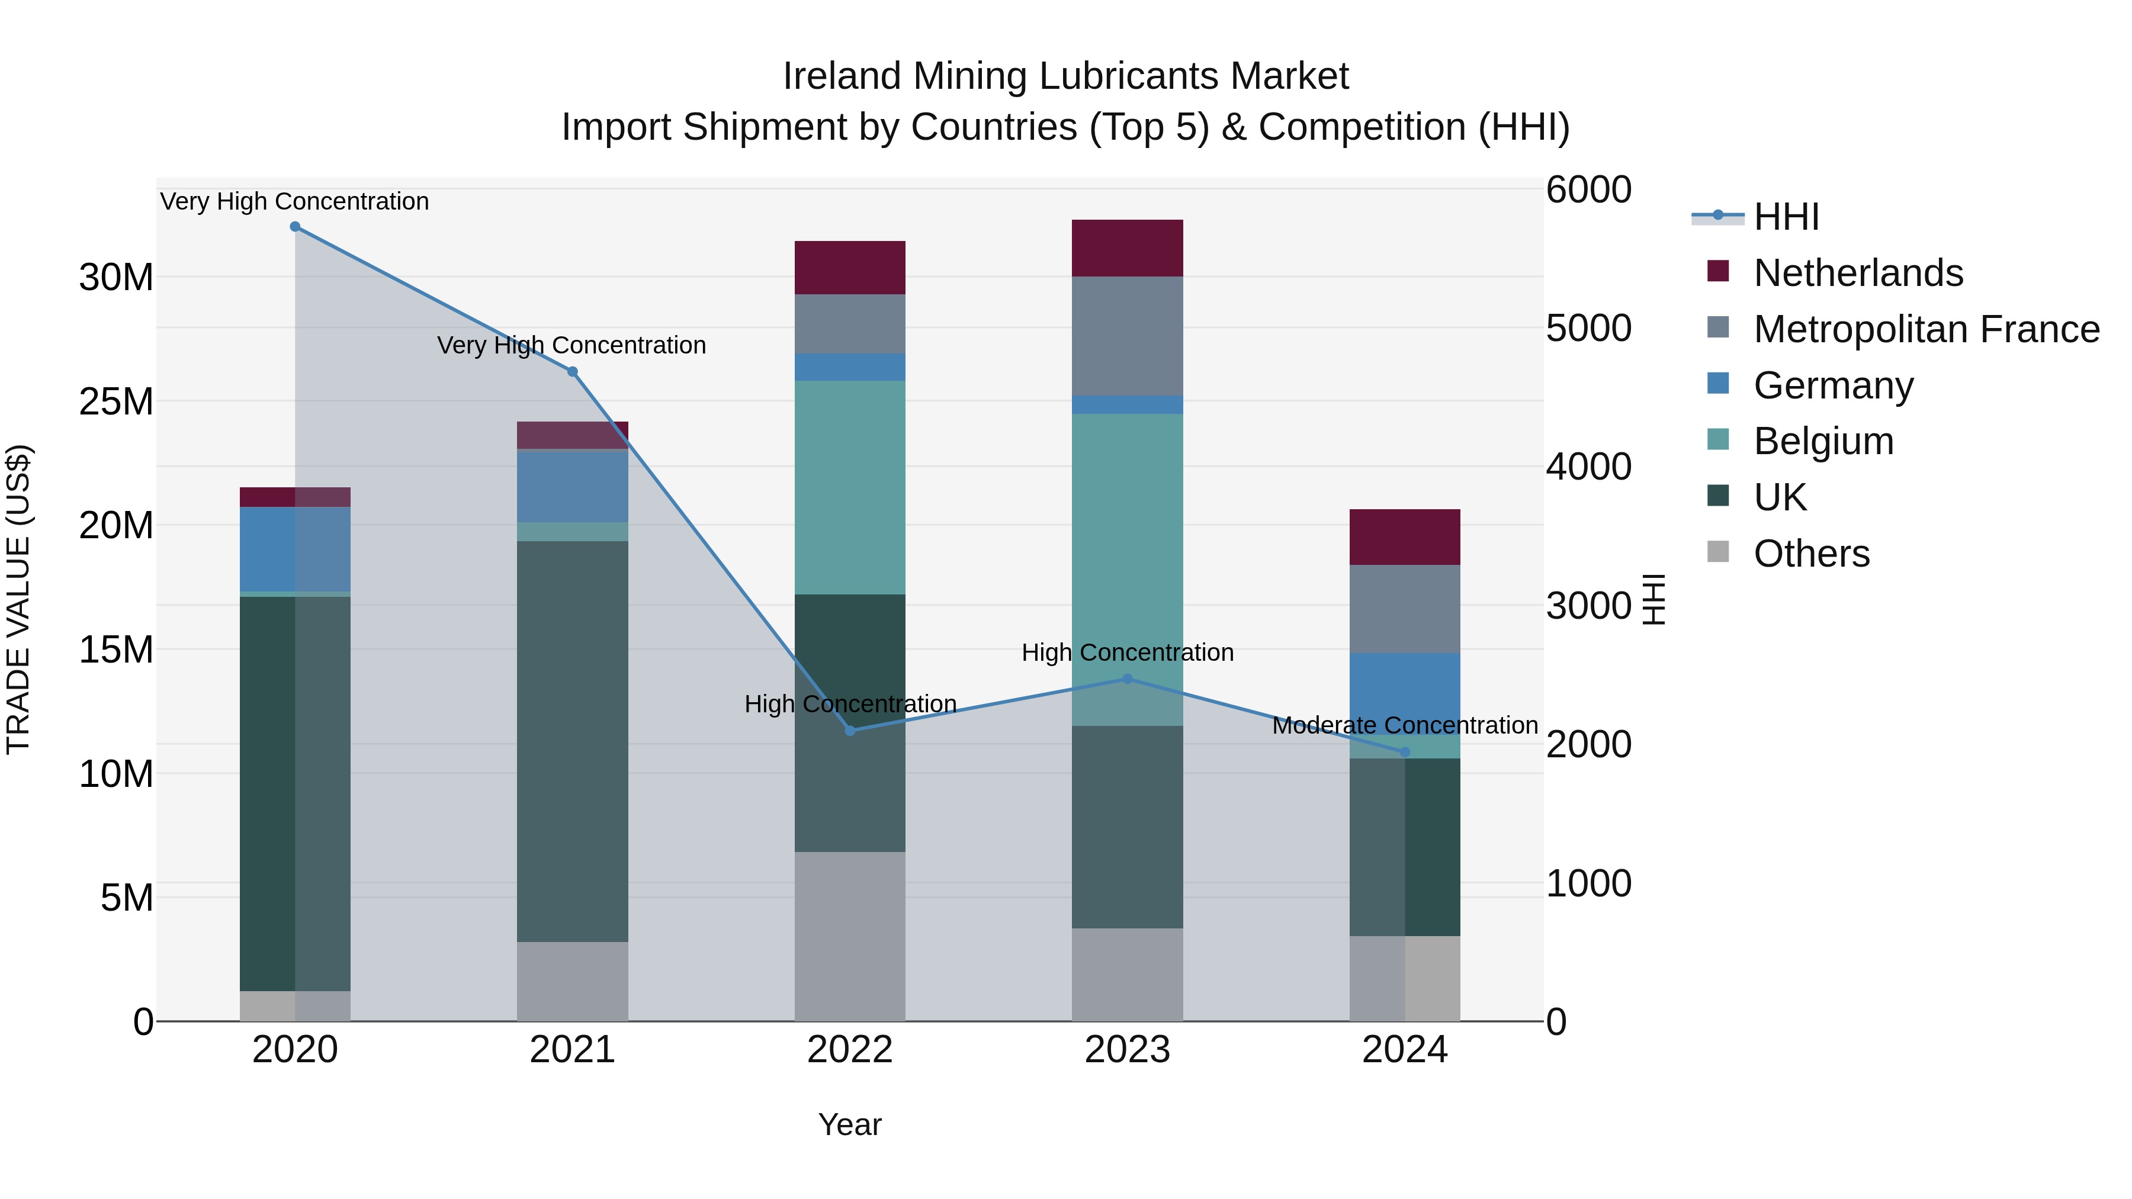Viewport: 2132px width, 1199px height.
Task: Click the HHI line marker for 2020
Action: pyautogui.click(x=295, y=227)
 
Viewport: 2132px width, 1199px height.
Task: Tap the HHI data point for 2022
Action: pyautogui.click(x=850, y=731)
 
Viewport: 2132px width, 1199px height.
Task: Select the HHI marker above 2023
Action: pyautogui.click(x=1127, y=679)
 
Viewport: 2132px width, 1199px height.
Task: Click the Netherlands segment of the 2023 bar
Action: pyautogui.click(x=1127, y=248)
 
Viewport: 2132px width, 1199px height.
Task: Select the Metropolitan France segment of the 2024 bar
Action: pyautogui.click(x=1405, y=609)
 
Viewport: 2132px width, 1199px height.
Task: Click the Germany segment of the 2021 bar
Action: pyautogui.click(x=572, y=487)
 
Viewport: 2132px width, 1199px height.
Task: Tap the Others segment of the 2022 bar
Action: pyautogui.click(x=850, y=936)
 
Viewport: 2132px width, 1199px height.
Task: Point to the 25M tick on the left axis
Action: pyautogui.click(x=116, y=402)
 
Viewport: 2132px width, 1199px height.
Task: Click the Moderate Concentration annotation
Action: pyautogui.click(x=1405, y=726)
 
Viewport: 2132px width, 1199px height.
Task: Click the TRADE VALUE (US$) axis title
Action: pyautogui.click(x=18, y=599)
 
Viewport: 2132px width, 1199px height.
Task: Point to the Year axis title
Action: pyautogui.click(x=849, y=1126)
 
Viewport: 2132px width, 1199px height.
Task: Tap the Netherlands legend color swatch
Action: pyautogui.click(x=1718, y=271)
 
